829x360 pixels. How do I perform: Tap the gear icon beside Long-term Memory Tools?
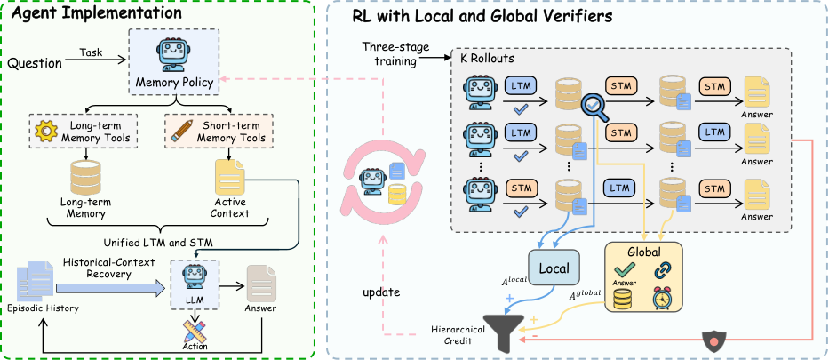[46, 130]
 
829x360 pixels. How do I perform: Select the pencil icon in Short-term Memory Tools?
[182, 130]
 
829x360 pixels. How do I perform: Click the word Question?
[35, 63]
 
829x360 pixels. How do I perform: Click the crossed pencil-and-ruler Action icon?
[194, 330]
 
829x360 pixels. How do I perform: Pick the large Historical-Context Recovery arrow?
[110, 288]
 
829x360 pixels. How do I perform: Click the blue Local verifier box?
[554, 268]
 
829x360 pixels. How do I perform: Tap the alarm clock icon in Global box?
[663, 298]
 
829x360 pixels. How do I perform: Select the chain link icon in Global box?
[663, 270]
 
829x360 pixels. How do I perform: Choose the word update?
[382, 292]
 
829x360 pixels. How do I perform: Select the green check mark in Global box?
[622, 270]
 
